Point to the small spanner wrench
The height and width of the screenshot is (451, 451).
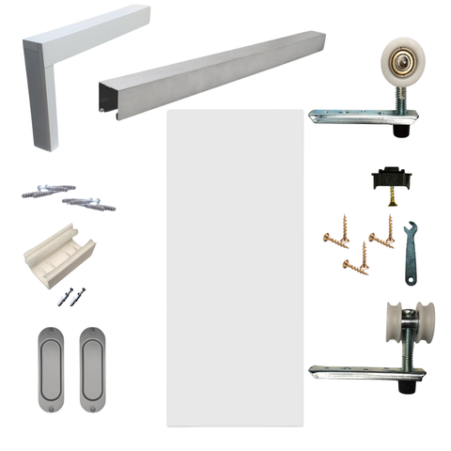pos(411,254)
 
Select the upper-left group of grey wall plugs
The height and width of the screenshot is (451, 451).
pos(42,190)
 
